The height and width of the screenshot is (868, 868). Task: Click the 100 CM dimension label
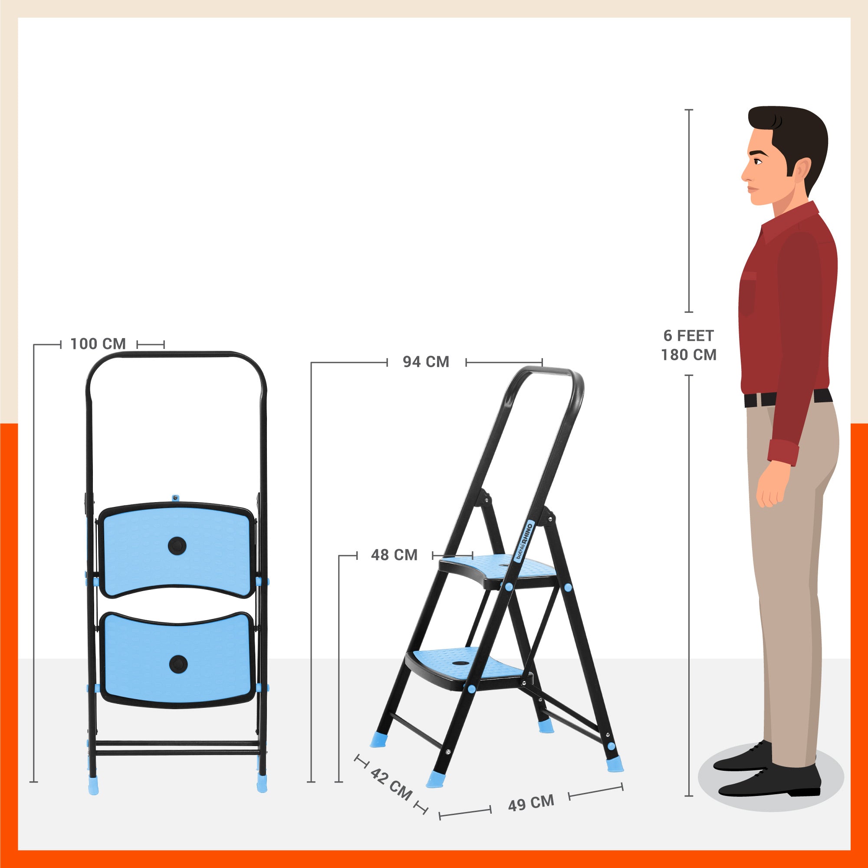98,344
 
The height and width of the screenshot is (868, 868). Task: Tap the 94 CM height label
426,362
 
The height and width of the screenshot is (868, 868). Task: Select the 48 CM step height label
394,556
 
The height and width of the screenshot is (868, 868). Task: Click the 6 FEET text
688,335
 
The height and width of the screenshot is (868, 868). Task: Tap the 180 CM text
688,355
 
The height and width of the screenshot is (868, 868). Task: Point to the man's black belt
788,398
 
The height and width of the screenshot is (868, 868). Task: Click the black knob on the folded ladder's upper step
177,546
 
